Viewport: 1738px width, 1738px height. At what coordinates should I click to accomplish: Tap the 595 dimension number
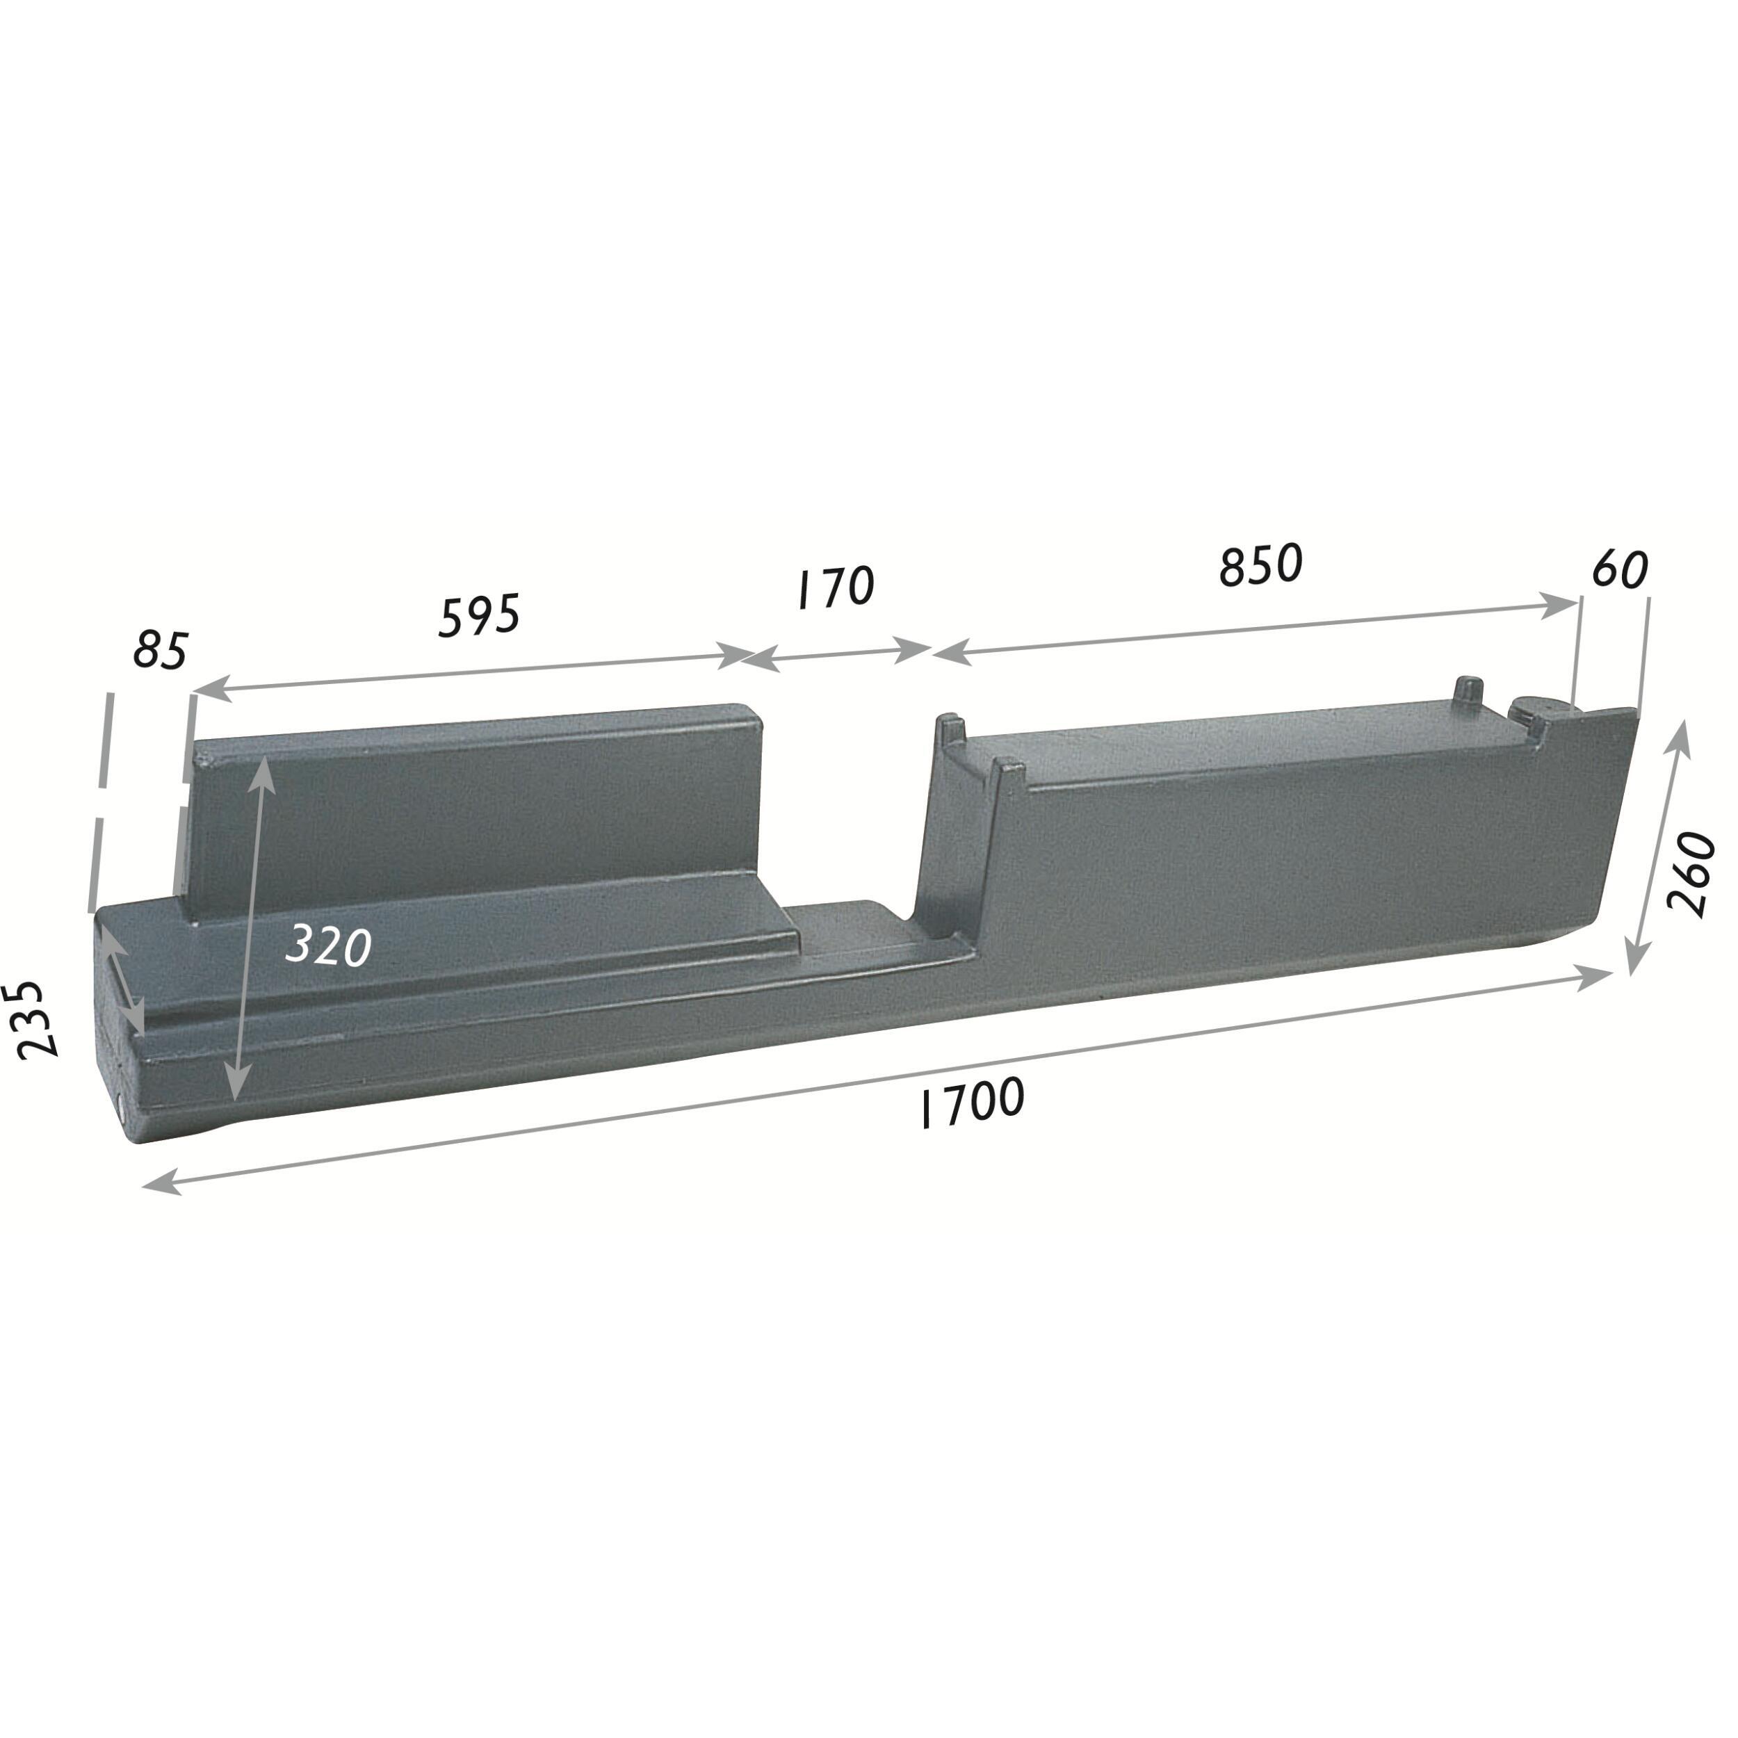pyautogui.click(x=480, y=615)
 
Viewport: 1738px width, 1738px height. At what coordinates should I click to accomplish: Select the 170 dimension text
pyautogui.click(x=836, y=587)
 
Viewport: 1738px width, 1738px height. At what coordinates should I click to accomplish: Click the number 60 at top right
pyautogui.click(x=1620, y=569)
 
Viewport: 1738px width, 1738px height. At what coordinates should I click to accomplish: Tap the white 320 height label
pyautogui.click(x=328, y=945)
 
